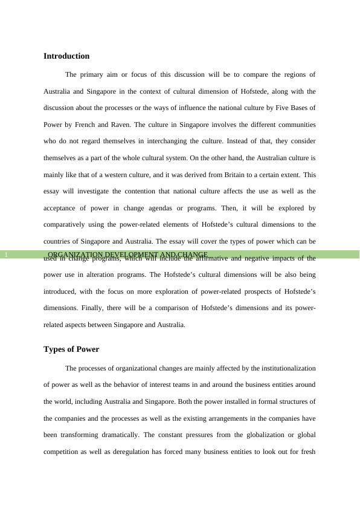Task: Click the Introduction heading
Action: [x=66, y=56]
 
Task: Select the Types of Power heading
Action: [x=71, y=349]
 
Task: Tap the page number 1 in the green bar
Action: [x=5, y=255]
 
